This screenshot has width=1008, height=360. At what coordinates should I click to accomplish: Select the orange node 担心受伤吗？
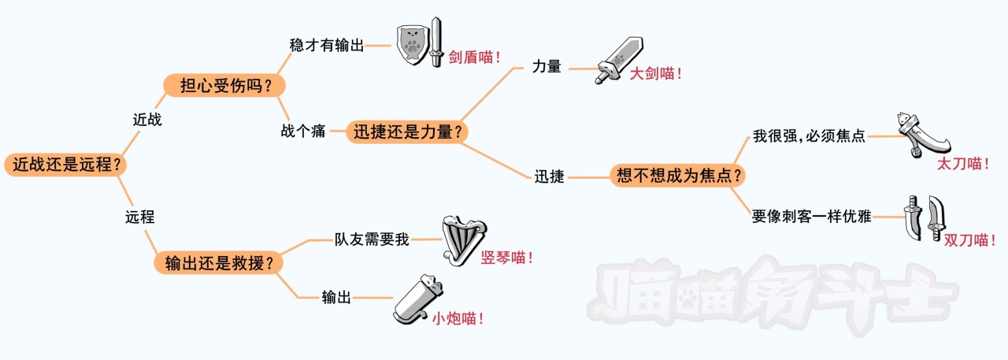[223, 85]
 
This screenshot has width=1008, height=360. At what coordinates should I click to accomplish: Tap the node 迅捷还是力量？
[407, 132]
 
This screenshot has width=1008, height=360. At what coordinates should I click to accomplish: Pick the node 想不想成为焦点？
[678, 176]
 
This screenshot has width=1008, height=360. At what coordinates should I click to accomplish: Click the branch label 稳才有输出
[327, 46]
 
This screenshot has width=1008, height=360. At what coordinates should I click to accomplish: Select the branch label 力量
[547, 67]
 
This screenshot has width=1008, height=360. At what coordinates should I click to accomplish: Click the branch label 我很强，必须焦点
[809, 136]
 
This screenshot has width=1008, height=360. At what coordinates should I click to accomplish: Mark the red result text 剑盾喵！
[475, 58]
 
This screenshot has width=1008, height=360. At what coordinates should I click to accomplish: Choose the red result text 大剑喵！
[655, 73]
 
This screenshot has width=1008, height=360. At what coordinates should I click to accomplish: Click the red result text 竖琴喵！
[506, 257]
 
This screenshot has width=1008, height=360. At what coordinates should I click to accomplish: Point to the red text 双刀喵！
[969, 241]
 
